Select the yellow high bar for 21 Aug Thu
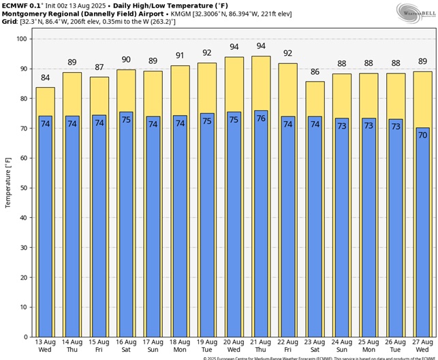click(260, 82)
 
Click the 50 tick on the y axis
click(25, 188)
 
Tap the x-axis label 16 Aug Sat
click(126, 346)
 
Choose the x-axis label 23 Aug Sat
click(314, 346)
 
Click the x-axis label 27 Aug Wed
click(422, 346)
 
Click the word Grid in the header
click(9, 22)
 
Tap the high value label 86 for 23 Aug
click(314, 73)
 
